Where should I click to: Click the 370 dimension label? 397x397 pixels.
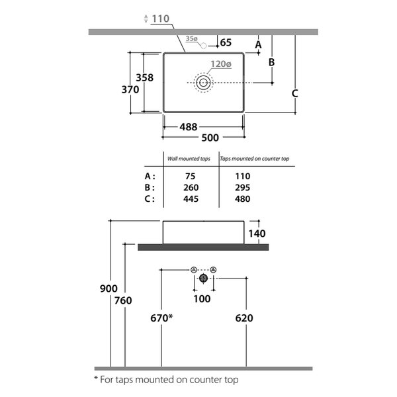coord(130,89)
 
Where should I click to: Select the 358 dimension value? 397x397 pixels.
coord(144,77)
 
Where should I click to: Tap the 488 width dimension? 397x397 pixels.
coord(189,127)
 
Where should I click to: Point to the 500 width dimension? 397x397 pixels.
coord(210,138)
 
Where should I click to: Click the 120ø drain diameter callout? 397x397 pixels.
coord(221,64)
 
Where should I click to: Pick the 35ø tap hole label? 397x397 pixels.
coord(191,39)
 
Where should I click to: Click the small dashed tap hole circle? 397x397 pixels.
coord(203,46)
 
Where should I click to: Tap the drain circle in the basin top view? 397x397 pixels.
coord(203,83)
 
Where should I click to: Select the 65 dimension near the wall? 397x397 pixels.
coord(226,42)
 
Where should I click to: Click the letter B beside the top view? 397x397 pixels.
coord(271,62)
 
